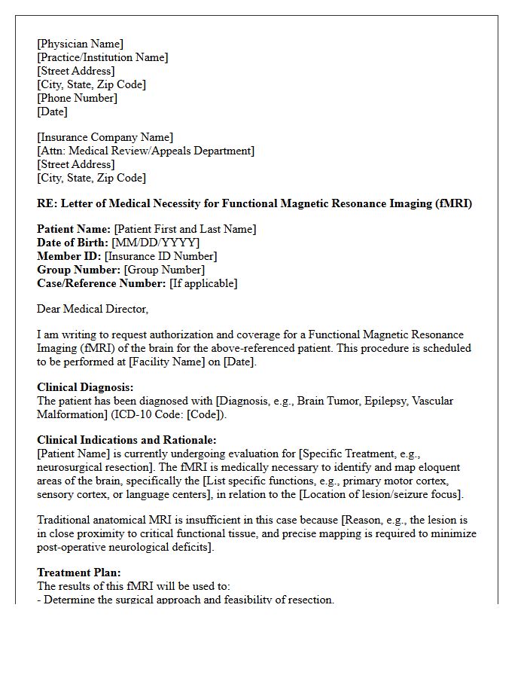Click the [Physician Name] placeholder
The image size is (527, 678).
(80, 44)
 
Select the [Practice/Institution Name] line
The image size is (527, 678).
(102, 57)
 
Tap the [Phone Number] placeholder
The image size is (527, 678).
(77, 98)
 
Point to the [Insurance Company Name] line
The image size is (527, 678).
(105, 137)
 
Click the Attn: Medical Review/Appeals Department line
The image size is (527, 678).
(145, 151)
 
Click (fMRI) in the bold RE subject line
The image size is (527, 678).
(454, 203)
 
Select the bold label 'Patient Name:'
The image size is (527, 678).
(74, 229)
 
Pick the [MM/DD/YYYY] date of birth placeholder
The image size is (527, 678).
(156, 243)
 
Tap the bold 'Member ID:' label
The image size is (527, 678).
(69, 256)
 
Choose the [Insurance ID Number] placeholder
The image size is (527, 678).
(161, 256)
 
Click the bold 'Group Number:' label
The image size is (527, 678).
(78, 270)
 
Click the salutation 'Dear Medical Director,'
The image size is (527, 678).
(93, 309)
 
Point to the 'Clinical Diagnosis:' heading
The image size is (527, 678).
(85, 387)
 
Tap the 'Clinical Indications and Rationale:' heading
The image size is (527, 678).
(126, 440)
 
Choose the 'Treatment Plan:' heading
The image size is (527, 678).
(78, 573)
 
